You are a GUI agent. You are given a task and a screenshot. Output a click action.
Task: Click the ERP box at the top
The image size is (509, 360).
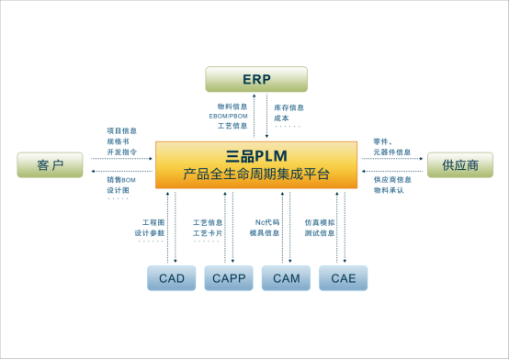coord(256,79)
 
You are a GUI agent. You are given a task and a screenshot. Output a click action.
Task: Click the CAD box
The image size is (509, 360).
coord(171,277)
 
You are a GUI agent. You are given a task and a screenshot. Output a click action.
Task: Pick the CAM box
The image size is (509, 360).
coord(286,277)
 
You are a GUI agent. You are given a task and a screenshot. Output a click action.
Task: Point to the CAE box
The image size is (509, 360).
coord(343,277)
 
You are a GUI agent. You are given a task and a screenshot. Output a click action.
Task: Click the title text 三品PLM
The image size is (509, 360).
coord(255,155)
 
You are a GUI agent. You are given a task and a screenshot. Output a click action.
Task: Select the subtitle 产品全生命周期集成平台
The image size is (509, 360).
coord(255,174)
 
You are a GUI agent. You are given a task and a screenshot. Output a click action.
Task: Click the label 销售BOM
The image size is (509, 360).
coord(122,180)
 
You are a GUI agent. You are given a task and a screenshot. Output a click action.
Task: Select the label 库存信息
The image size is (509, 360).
coord(288,107)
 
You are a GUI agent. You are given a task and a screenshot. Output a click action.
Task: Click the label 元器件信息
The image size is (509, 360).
coord(392,152)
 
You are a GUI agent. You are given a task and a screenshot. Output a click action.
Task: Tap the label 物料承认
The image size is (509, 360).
coord(389,190)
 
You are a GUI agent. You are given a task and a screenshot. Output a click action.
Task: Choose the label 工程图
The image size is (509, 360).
coord(153,222)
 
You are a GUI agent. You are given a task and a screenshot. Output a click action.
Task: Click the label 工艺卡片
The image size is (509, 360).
coord(208,233)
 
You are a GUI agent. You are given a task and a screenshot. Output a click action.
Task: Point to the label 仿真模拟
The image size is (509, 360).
coord(320,222)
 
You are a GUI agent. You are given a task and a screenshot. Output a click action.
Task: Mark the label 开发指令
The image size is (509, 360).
coord(122,152)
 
